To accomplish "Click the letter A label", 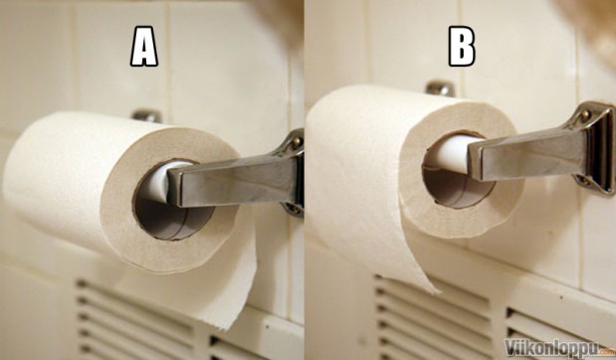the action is point(144,46).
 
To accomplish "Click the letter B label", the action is point(462,46).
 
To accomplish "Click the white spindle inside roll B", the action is point(448,154).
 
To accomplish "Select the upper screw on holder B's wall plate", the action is point(585,115).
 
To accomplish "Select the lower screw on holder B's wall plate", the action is point(583,181).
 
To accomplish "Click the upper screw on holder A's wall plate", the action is point(297,141).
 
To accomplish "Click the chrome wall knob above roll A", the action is point(146,115).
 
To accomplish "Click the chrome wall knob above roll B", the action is point(441,88).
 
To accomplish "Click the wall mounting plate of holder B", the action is point(593,147).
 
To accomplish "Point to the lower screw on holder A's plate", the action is point(294,208).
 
